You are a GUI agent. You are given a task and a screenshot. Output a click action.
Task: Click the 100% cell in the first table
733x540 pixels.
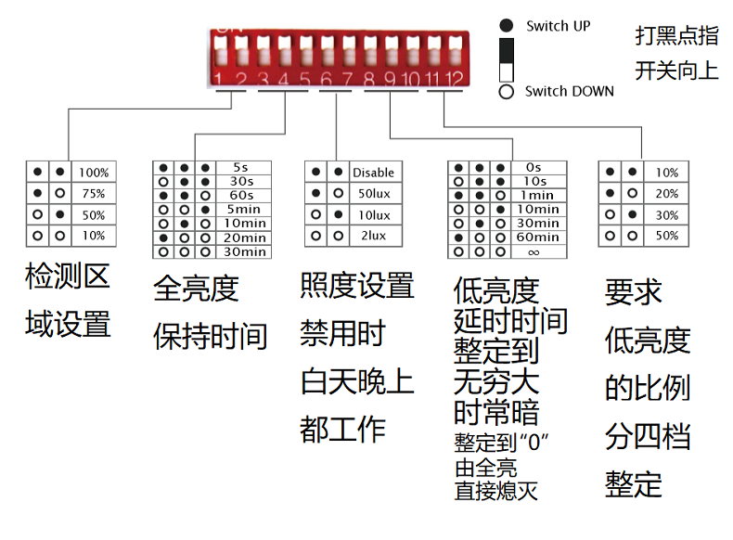coord(94,173)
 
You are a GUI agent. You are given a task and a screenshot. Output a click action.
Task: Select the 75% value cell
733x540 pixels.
coord(94,194)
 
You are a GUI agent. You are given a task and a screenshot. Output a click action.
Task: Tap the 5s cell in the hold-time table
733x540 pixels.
coord(243,167)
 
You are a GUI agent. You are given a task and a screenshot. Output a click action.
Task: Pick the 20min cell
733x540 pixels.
coord(243,238)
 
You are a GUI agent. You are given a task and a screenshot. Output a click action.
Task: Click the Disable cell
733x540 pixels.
coord(374,173)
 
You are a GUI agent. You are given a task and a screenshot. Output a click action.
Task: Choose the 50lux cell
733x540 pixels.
coord(374,194)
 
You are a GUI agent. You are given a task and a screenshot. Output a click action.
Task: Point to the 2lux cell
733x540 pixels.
coord(374,236)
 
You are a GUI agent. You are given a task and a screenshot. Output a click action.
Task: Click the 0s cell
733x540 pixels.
coord(538,167)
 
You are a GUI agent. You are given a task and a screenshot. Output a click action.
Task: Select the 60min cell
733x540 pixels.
coord(538,238)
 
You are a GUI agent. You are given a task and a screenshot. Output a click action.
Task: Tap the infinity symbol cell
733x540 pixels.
coord(538,252)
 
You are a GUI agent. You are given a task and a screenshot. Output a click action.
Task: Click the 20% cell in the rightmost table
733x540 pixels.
coord(666,194)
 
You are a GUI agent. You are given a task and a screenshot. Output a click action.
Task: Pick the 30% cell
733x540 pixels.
coord(666,215)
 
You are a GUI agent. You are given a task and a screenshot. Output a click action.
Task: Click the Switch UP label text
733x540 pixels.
coord(559,26)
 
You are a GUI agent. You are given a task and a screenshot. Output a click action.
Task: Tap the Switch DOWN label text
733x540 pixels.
coord(570,91)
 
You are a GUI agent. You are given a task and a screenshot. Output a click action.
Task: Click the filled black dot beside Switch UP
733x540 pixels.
coord(507,25)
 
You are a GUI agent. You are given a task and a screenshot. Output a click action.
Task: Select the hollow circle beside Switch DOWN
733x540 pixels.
coord(507,92)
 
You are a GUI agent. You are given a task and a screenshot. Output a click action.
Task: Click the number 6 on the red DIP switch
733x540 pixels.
coord(327,80)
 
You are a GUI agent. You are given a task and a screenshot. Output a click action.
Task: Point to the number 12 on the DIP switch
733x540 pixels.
coord(454,80)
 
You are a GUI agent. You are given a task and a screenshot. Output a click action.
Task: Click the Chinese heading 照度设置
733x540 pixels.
coord(357,286)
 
